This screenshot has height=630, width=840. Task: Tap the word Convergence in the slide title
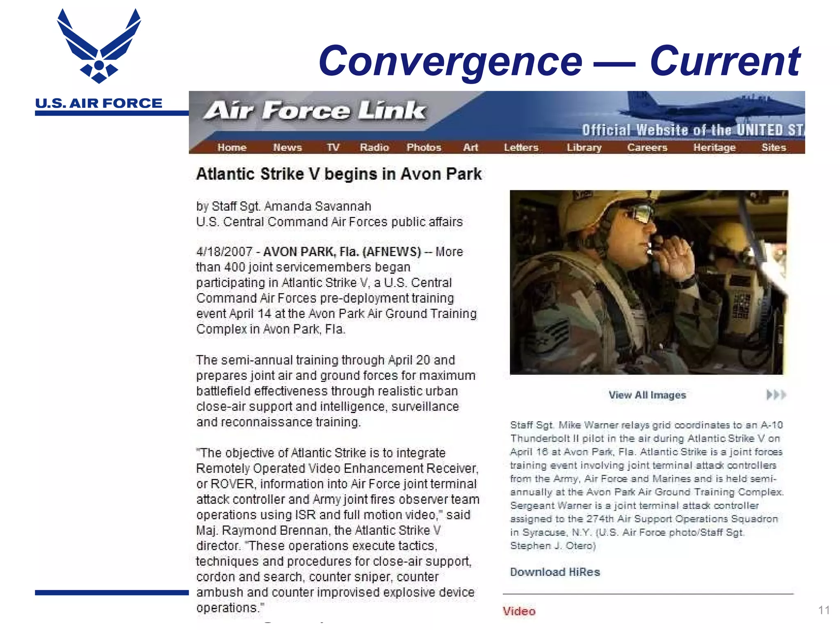tap(450, 62)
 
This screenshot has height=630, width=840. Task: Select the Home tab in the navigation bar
tap(232, 147)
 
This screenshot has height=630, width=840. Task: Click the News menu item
tap(287, 147)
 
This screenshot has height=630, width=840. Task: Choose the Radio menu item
tap(374, 147)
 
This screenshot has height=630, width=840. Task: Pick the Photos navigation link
tap(424, 147)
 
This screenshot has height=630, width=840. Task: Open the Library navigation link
tap(584, 147)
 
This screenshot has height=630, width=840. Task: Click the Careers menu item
tap(647, 147)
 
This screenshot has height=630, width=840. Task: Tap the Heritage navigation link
tap(714, 147)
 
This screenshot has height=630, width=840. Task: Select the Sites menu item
tap(774, 147)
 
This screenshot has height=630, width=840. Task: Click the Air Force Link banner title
tap(315, 111)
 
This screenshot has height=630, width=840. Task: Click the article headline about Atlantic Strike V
tap(339, 174)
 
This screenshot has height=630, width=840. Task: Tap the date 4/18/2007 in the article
tap(224, 251)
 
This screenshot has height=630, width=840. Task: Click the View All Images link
tap(647, 395)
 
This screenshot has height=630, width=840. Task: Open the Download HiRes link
tap(555, 572)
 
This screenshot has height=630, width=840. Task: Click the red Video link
tap(519, 611)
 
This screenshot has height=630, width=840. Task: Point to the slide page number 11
tap(824, 610)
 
